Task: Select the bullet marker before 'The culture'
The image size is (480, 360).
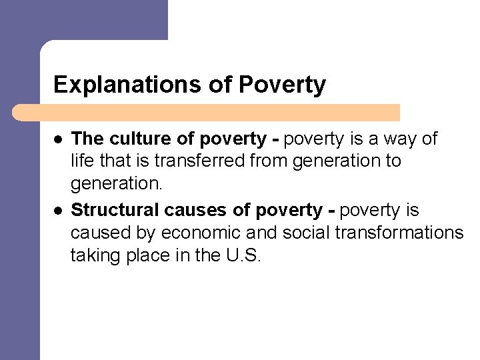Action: [57, 140]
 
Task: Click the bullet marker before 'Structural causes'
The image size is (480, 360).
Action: [57, 211]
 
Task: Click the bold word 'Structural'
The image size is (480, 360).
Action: [110, 210]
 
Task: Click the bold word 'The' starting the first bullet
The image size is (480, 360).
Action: [84, 139]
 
